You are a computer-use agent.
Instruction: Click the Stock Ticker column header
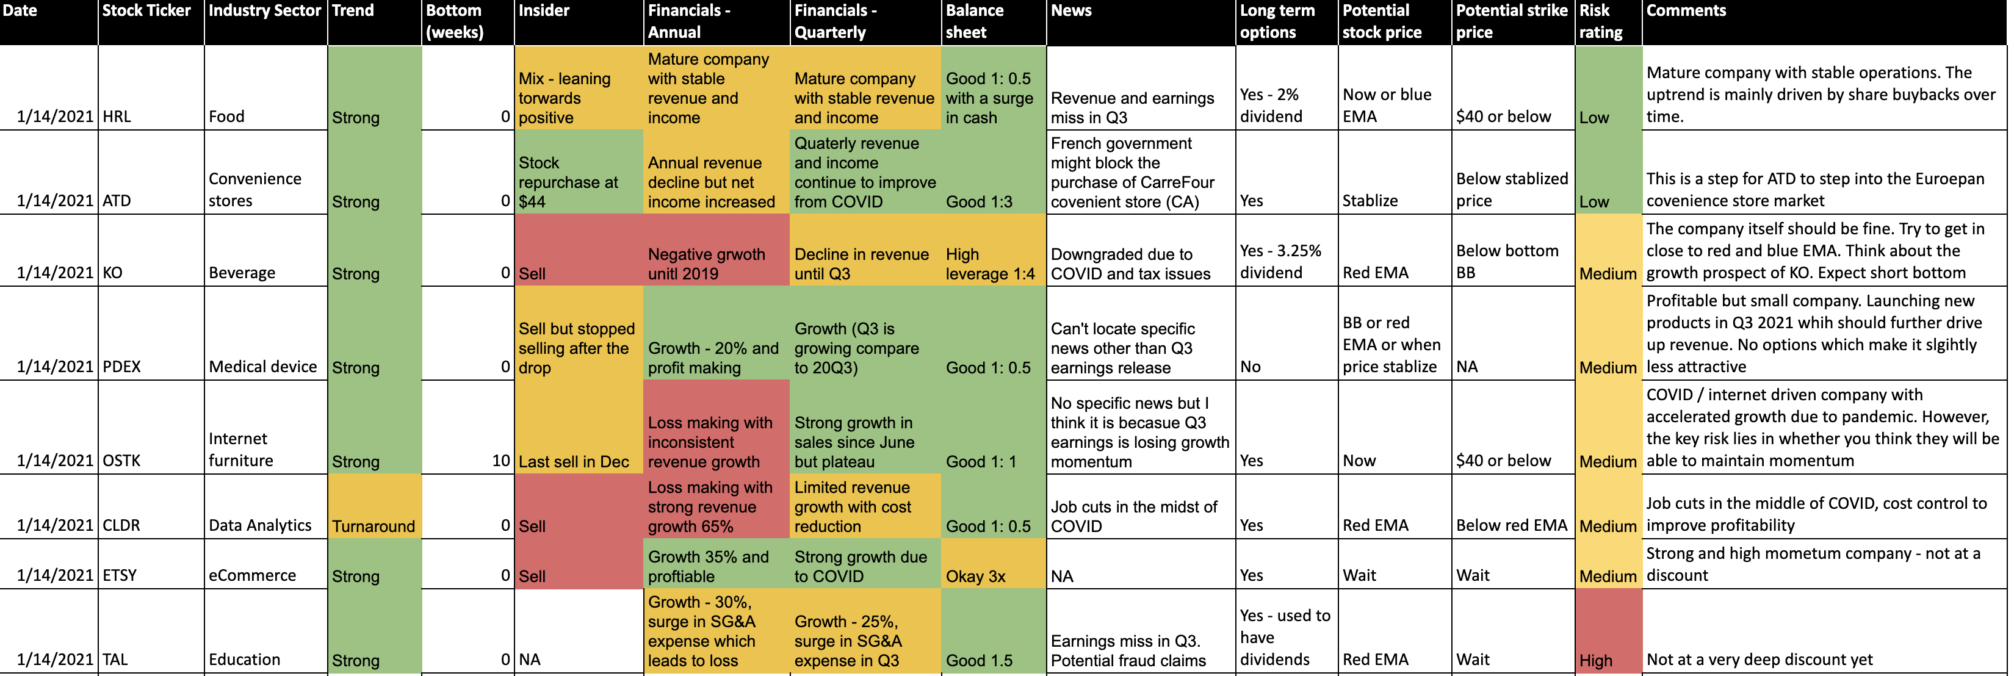pos(147,11)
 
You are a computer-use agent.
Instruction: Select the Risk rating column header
pos(1600,21)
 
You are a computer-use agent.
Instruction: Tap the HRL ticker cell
pos(117,117)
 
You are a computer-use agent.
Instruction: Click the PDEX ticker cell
pos(122,367)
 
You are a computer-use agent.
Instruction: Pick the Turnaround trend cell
pos(374,525)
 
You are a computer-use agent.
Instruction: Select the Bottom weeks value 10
pos(501,460)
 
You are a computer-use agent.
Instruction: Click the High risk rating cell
pos(1596,660)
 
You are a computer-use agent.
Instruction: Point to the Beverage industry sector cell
pos(242,273)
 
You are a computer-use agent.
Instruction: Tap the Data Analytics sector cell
pos(261,525)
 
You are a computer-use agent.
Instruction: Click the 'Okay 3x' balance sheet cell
pos(976,576)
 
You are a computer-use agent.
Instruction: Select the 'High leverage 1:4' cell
pos(990,264)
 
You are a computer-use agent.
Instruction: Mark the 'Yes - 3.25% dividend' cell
pos(1280,261)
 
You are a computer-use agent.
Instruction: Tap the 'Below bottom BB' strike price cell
pos(1507,261)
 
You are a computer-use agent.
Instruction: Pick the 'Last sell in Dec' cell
pos(574,461)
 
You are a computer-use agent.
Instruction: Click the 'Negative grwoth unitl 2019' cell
pos(707,264)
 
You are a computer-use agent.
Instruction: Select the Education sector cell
pos(245,659)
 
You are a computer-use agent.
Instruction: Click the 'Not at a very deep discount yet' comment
pos(1759,659)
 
